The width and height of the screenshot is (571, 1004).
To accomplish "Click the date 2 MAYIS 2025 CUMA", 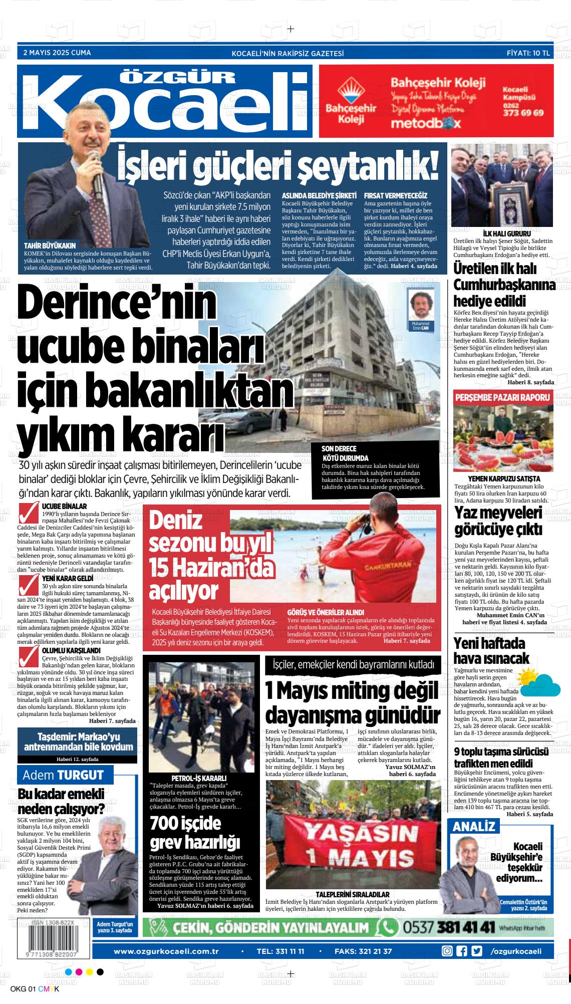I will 57,53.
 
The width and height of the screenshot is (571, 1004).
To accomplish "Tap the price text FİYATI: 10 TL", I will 529,53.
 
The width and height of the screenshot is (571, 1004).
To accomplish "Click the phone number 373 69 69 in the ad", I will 523,113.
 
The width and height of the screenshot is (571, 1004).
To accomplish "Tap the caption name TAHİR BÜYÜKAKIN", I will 50,246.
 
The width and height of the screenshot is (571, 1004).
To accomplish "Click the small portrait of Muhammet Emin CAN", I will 420,306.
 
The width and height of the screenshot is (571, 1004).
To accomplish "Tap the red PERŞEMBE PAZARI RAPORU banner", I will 503,398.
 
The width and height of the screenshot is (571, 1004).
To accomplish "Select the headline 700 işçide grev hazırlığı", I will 195,833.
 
